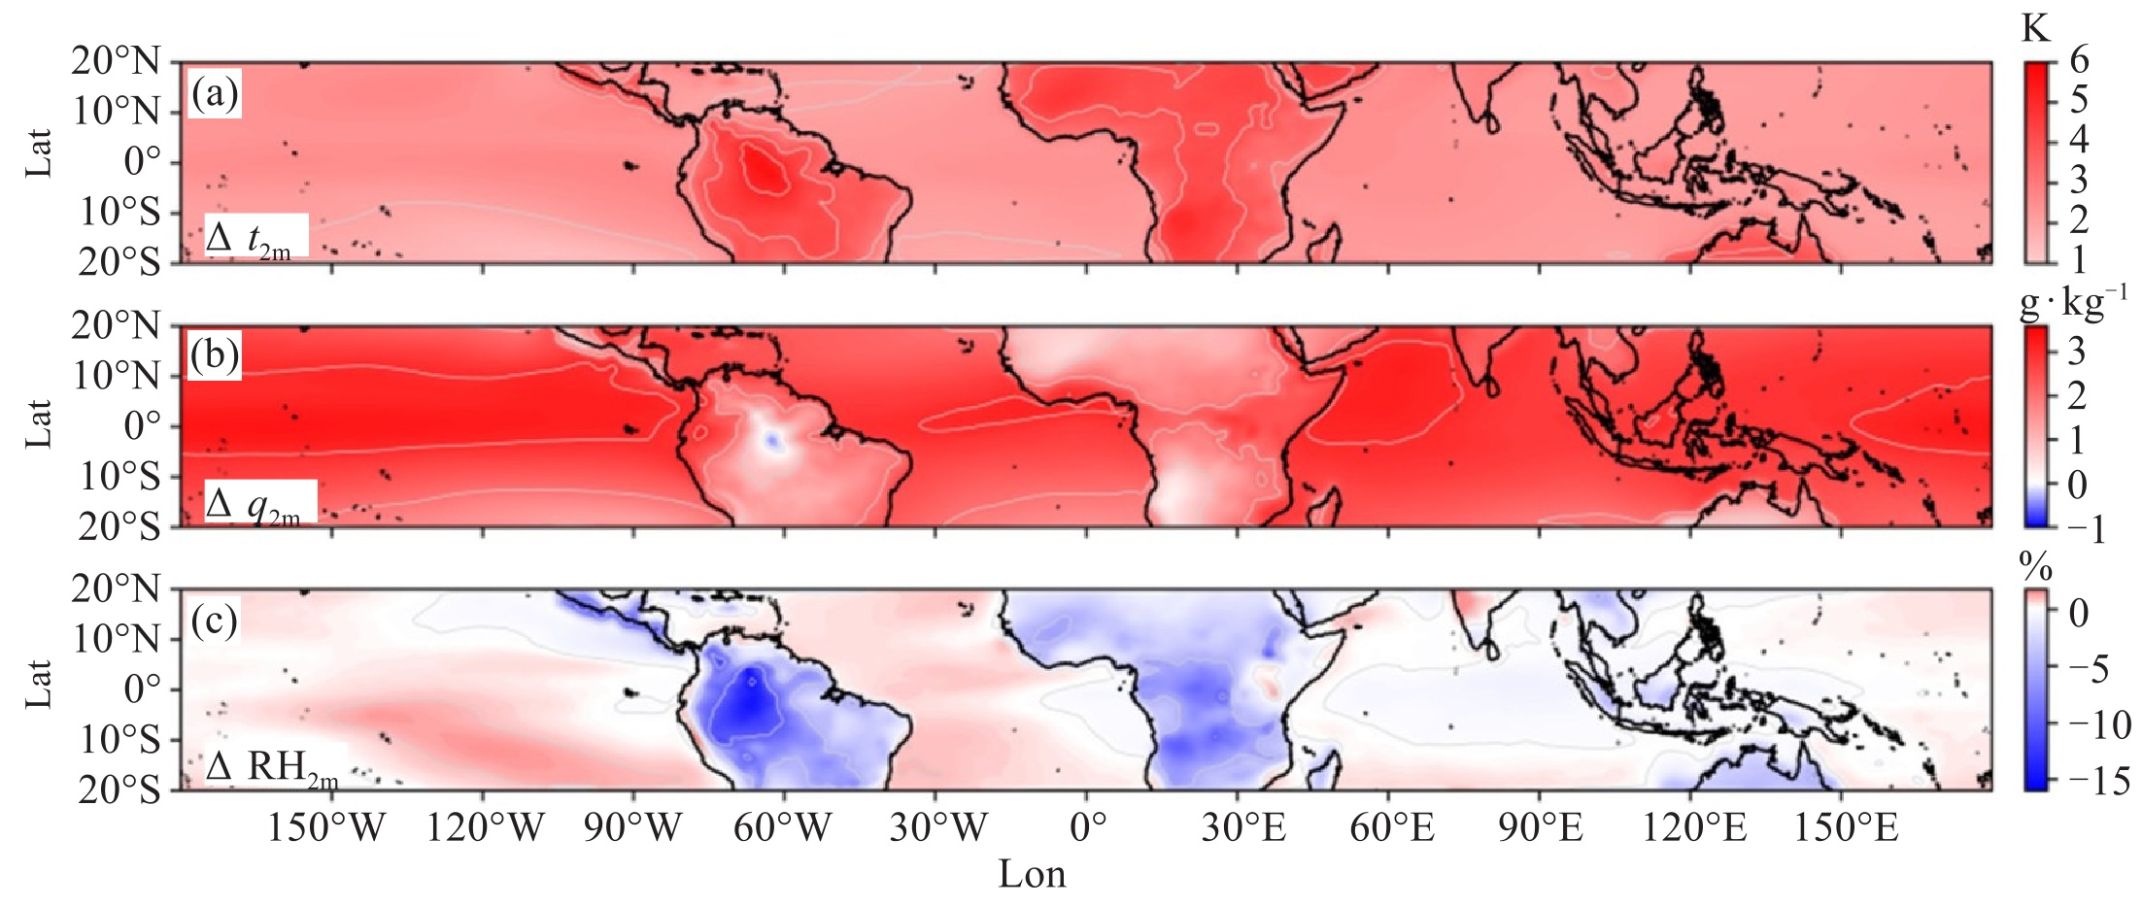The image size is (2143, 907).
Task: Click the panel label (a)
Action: pos(215,94)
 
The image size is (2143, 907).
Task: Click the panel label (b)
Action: pos(215,356)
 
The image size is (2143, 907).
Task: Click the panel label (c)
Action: pos(215,621)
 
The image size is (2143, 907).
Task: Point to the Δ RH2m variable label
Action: pos(272,767)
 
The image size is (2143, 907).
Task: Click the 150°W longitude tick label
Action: pos(326,827)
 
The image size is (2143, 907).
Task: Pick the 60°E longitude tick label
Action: pos(1392,827)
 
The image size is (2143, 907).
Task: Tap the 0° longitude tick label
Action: pos(1088,827)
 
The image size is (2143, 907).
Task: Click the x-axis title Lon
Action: pos(1032,875)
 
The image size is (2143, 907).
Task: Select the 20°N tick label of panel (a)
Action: pos(116,61)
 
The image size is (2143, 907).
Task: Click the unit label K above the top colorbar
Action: pos(2034,29)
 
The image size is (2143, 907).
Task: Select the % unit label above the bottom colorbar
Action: pos(2035,565)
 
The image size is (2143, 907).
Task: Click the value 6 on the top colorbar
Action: pos(2079,60)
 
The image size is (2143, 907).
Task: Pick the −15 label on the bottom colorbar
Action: pos(2098,781)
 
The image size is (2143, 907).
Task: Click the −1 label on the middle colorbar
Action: pos(2087,528)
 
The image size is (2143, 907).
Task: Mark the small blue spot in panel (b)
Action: pos(772,441)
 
